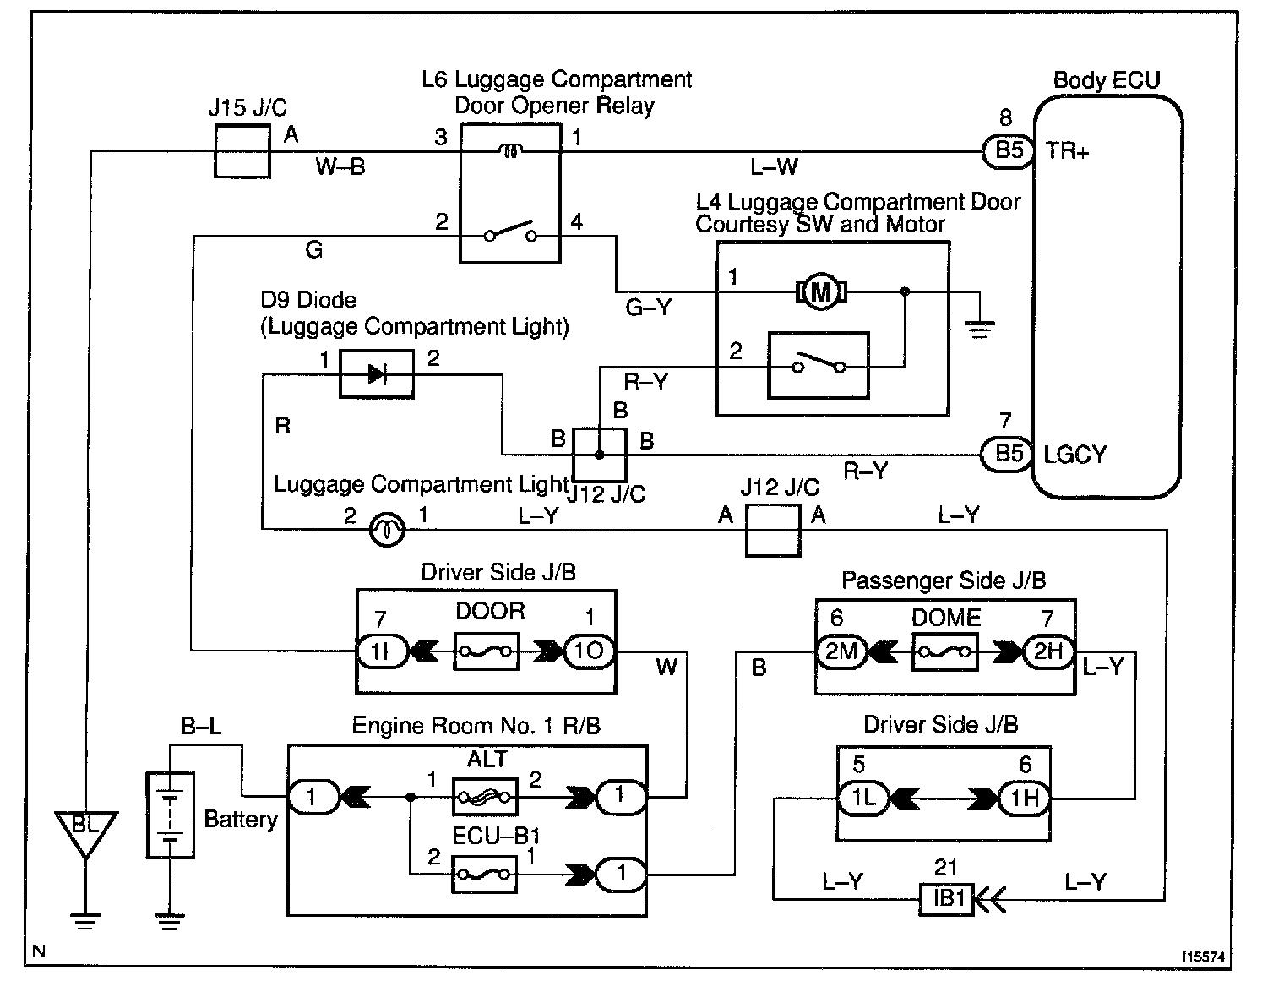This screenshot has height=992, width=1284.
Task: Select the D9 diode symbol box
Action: [377, 374]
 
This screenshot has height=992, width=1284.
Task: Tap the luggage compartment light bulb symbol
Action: [388, 530]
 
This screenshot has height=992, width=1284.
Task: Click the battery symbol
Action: [171, 815]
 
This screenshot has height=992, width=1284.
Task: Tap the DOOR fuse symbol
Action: [487, 651]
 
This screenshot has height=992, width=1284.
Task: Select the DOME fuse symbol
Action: [944, 652]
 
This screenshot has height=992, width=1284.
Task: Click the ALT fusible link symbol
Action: [485, 796]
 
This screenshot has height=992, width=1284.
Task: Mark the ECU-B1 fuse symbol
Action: [485, 873]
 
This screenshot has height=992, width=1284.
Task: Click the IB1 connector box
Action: [947, 899]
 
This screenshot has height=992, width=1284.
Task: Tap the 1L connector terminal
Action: [863, 797]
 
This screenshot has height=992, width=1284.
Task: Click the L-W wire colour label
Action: [775, 168]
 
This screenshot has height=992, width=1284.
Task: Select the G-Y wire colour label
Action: [649, 308]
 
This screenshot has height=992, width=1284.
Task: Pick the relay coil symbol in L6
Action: [510, 151]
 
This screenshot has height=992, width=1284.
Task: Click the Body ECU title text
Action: [1107, 81]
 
